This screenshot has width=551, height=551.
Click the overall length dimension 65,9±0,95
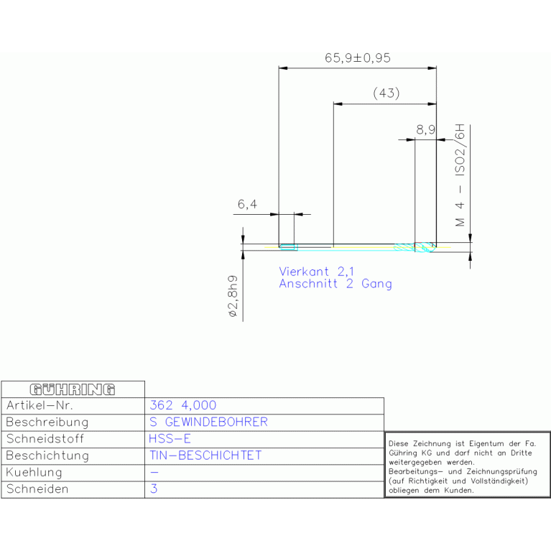[357, 58]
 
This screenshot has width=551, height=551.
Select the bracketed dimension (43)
[386, 93]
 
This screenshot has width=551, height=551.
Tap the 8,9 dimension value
[425, 130]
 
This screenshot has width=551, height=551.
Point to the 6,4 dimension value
[247, 204]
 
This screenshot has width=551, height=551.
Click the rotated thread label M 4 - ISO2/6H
[460, 175]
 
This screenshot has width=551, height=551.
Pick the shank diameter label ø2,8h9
[233, 296]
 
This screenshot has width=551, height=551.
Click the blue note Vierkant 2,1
[316, 272]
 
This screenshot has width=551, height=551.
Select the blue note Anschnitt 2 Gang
[335, 284]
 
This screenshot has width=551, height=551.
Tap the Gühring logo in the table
[73, 389]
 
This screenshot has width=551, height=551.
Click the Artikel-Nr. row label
[40, 405]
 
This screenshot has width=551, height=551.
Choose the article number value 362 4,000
[182, 405]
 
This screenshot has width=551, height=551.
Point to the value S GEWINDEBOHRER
[208, 422]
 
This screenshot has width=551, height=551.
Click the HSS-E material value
[170, 438]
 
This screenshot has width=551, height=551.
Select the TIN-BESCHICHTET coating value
[205, 455]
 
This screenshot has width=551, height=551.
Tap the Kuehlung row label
[34, 472]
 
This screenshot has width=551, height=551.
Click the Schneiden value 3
[154, 489]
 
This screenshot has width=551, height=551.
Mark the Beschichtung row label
[47, 455]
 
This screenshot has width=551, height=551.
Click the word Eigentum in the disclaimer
[486, 444]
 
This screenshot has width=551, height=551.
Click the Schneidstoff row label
[45, 438]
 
